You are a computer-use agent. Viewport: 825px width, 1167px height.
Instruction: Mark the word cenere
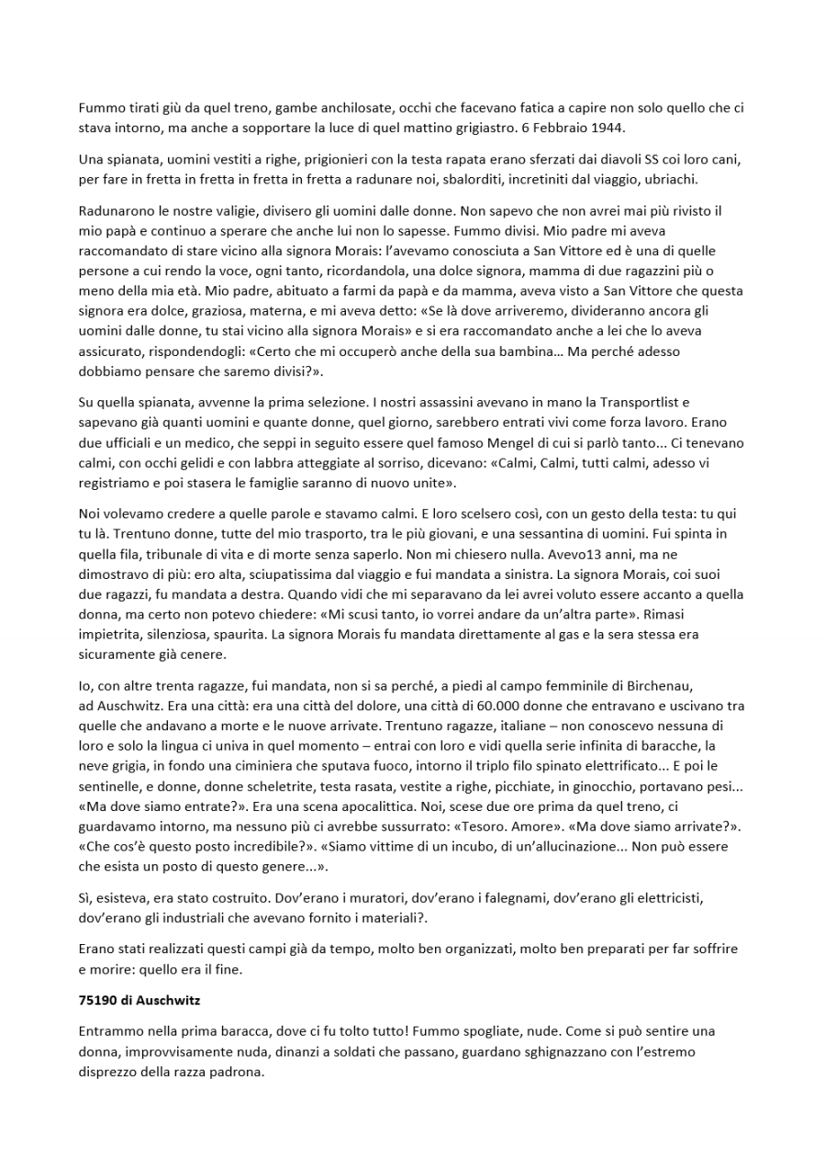tap(200, 655)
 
